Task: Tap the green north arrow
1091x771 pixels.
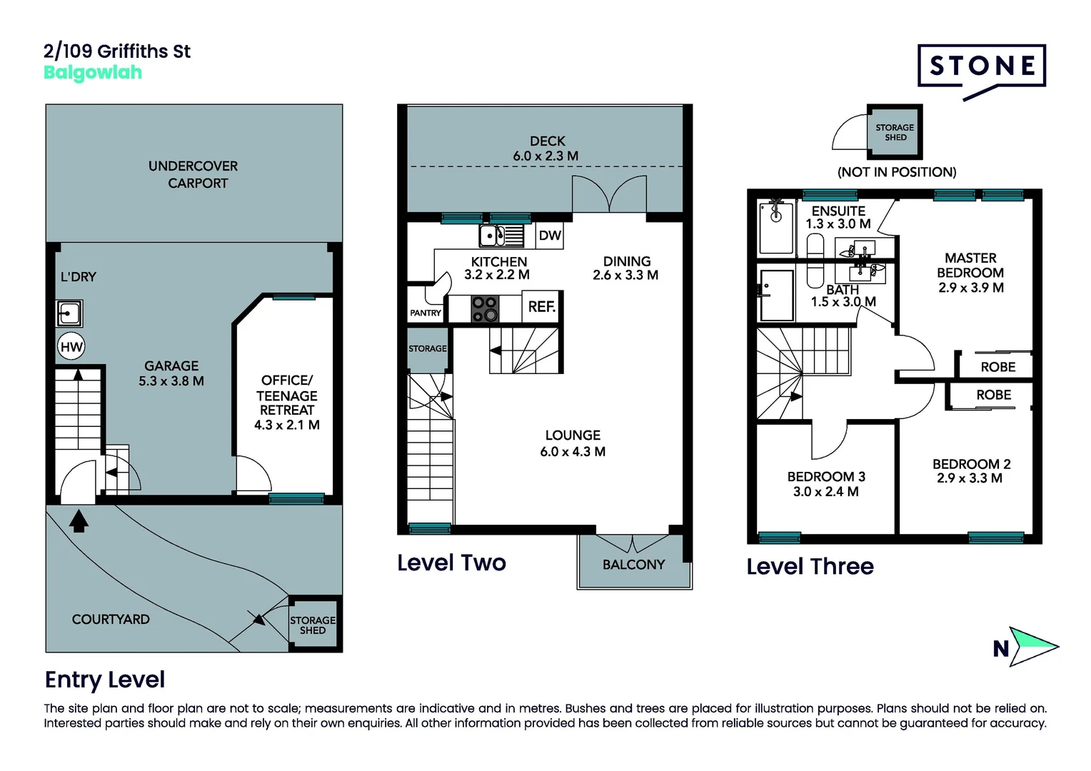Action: click(x=1032, y=646)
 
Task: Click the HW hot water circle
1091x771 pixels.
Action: click(x=71, y=347)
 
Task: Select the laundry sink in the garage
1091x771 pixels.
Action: click(x=69, y=313)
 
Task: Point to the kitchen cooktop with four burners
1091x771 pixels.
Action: click(x=485, y=309)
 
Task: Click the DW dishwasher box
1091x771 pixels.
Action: click(x=549, y=236)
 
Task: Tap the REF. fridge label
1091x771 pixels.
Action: click(x=542, y=306)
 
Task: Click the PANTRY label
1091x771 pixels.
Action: click(x=426, y=313)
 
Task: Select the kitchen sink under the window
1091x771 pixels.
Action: click(x=501, y=236)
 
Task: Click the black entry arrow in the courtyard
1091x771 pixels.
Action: click(x=79, y=520)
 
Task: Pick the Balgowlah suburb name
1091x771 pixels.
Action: click(x=93, y=73)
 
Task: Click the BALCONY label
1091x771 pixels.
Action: click(x=633, y=565)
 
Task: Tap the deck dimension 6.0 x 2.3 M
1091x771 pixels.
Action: click(x=545, y=156)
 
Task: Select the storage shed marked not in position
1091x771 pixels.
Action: click(x=895, y=131)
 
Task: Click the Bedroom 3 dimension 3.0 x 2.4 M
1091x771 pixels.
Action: click(x=825, y=491)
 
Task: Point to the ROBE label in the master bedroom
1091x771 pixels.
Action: click(x=998, y=367)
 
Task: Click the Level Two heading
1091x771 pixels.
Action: click(x=451, y=563)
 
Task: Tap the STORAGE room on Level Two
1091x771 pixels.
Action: click(x=428, y=348)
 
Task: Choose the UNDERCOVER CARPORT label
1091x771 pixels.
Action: click(x=193, y=174)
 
